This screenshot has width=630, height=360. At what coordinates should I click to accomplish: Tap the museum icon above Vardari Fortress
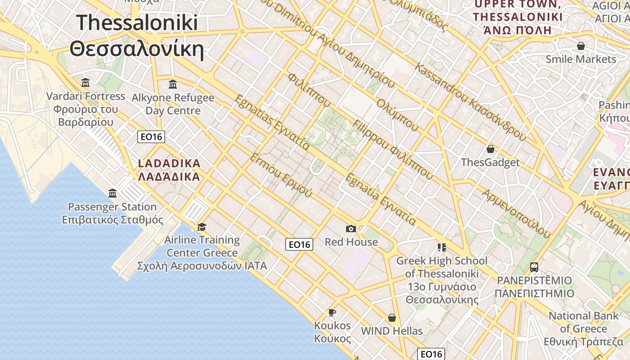click(x=85, y=83)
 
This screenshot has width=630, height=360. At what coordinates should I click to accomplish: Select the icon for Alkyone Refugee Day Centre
click(x=173, y=84)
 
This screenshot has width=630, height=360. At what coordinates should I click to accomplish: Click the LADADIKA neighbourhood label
click(x=169, y=170)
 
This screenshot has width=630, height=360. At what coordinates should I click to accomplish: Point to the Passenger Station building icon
click(x=112, y=193)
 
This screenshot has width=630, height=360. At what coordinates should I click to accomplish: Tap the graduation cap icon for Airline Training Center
click(x=202, y=227)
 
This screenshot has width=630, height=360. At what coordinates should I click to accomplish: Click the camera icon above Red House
click(x=351, y=229)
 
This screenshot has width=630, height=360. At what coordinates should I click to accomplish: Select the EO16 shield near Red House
click(x=299, y=244)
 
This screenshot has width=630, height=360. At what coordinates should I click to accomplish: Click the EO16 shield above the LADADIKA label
click(x=151, y=137)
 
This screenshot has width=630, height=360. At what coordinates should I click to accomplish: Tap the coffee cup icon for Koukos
click(x=332, y=312)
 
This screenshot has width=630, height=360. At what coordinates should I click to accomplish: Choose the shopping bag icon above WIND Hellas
click(x=392, y=318)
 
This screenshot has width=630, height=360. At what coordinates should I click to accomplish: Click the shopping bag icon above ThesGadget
click(x=490, y=149)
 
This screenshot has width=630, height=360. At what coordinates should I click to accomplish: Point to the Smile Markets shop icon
click(x=581, y=46)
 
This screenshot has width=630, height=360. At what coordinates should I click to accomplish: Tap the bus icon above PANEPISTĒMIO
click(x=534, y=267)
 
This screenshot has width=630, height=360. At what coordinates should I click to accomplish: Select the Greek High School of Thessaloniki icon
click(x=441, y=247)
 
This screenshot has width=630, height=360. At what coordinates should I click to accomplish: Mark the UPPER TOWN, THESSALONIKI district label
click(x=517, y=17)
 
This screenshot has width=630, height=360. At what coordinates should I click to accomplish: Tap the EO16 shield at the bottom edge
click(x=431, y=354)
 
